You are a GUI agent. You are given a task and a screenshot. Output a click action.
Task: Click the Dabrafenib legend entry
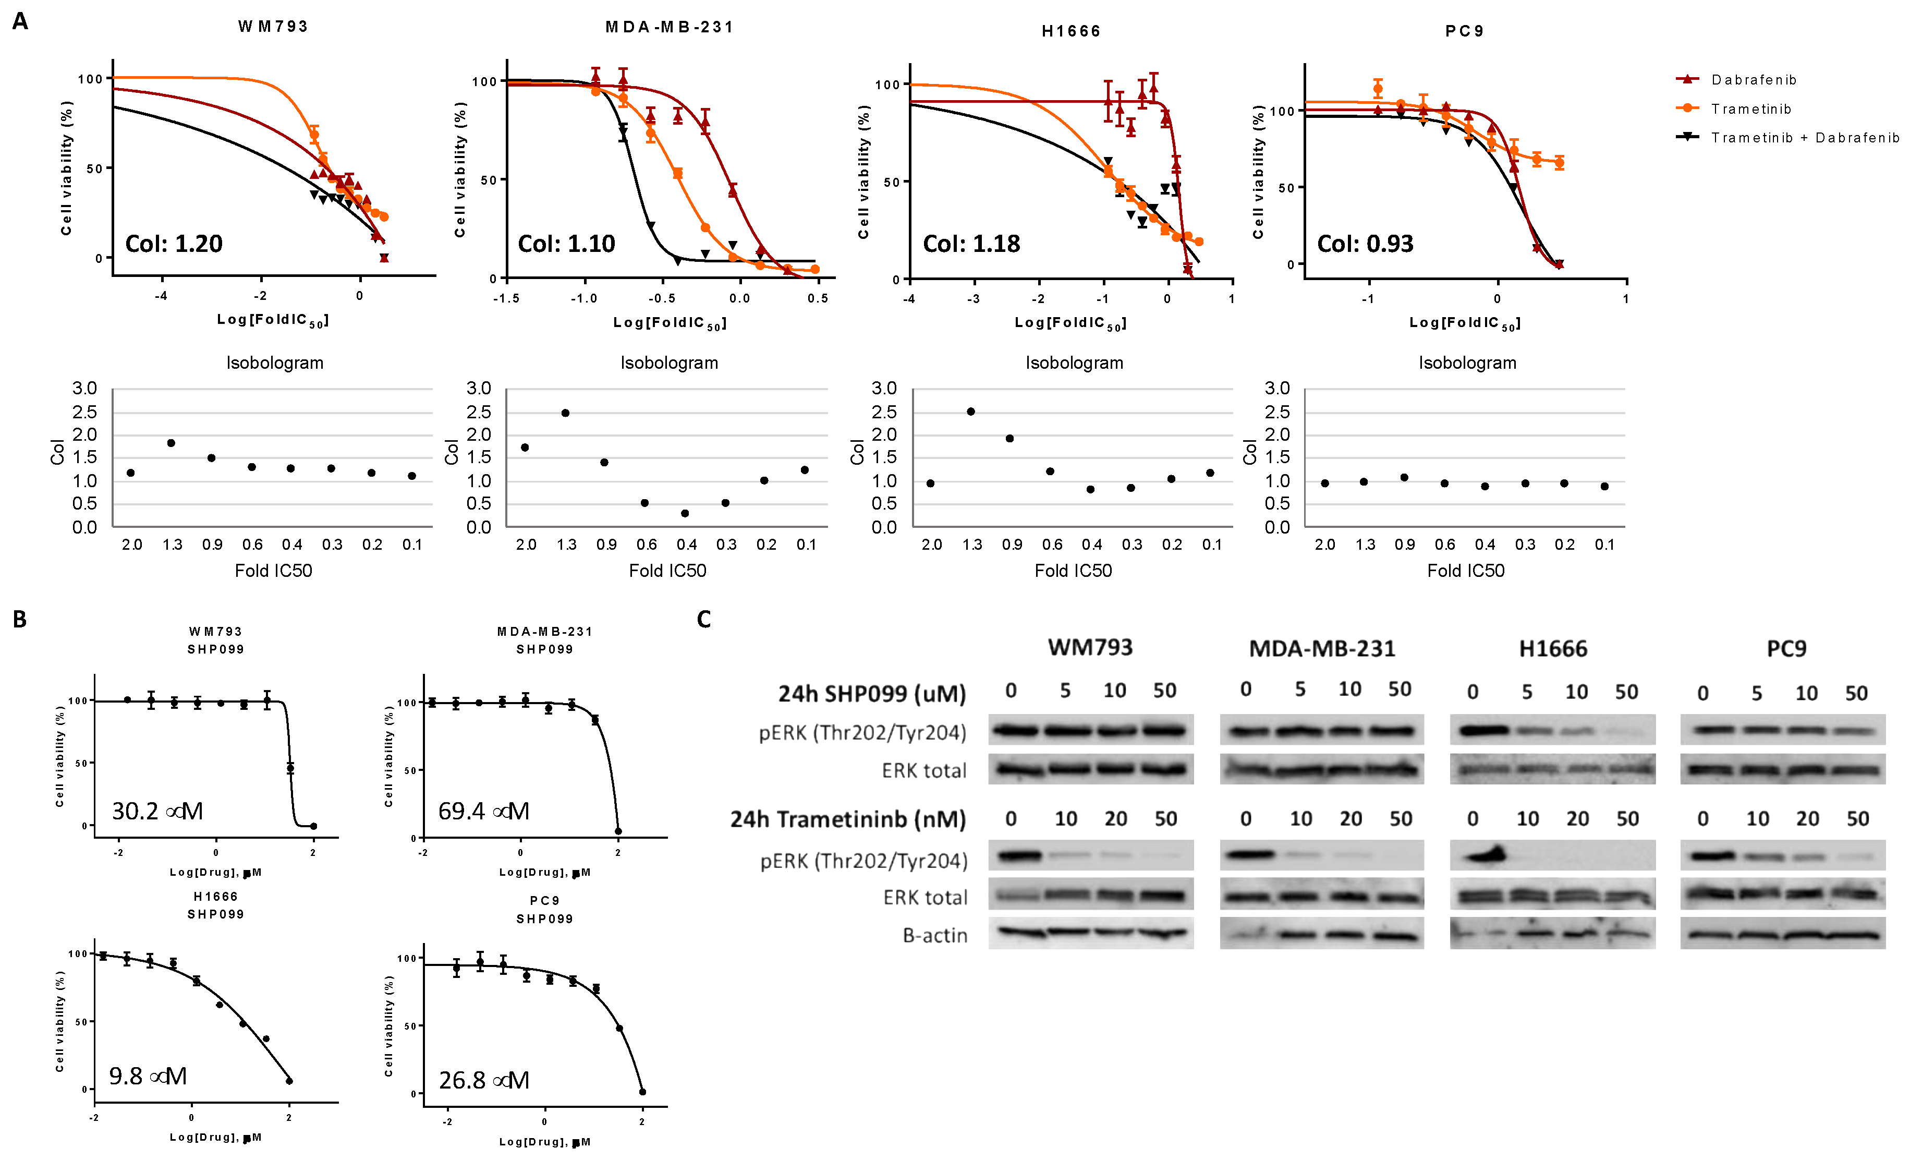point(1754,80)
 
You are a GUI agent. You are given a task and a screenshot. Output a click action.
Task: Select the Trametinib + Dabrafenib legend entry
point(1805,138)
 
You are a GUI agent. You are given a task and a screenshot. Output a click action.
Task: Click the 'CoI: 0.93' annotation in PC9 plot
point(1365,244)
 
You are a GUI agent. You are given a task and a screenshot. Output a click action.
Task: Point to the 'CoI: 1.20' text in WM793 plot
point(174,244)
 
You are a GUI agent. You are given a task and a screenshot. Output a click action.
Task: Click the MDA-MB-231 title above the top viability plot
point(669,27)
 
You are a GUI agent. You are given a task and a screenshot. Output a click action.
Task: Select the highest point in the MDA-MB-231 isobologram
point(565,413)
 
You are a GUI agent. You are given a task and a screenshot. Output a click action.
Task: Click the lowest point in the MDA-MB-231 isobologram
point(685,513)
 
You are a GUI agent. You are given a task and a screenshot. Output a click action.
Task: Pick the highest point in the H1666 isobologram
point(970,412)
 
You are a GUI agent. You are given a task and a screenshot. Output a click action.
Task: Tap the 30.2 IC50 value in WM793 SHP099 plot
point(157,811)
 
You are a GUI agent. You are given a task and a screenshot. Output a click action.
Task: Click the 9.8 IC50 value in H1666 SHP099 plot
point(147,1076)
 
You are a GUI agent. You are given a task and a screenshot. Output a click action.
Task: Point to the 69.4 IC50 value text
point(484,811)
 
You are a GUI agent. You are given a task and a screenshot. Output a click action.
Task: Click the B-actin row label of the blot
point(935,936)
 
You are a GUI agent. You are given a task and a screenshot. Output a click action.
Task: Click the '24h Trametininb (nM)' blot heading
point(848,819)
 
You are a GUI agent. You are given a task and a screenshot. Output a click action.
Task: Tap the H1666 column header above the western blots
point(1553,649)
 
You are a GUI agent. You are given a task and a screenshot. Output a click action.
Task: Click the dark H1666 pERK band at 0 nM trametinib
point(1482,855)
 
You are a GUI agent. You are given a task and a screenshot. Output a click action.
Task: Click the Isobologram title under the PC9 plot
point(1467,363)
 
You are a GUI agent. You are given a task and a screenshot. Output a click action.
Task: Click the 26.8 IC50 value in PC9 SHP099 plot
point(484,1080)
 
